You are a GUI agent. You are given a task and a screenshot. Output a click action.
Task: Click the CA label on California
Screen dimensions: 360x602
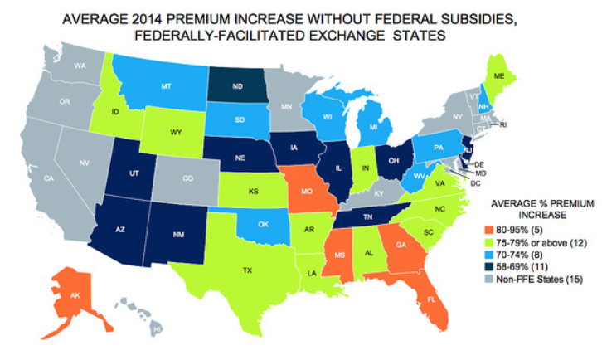pyautogui.click(x=49, y=178)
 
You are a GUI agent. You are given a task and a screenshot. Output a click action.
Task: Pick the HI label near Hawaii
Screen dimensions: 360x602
pyautogui.click(x=156, y=330)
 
